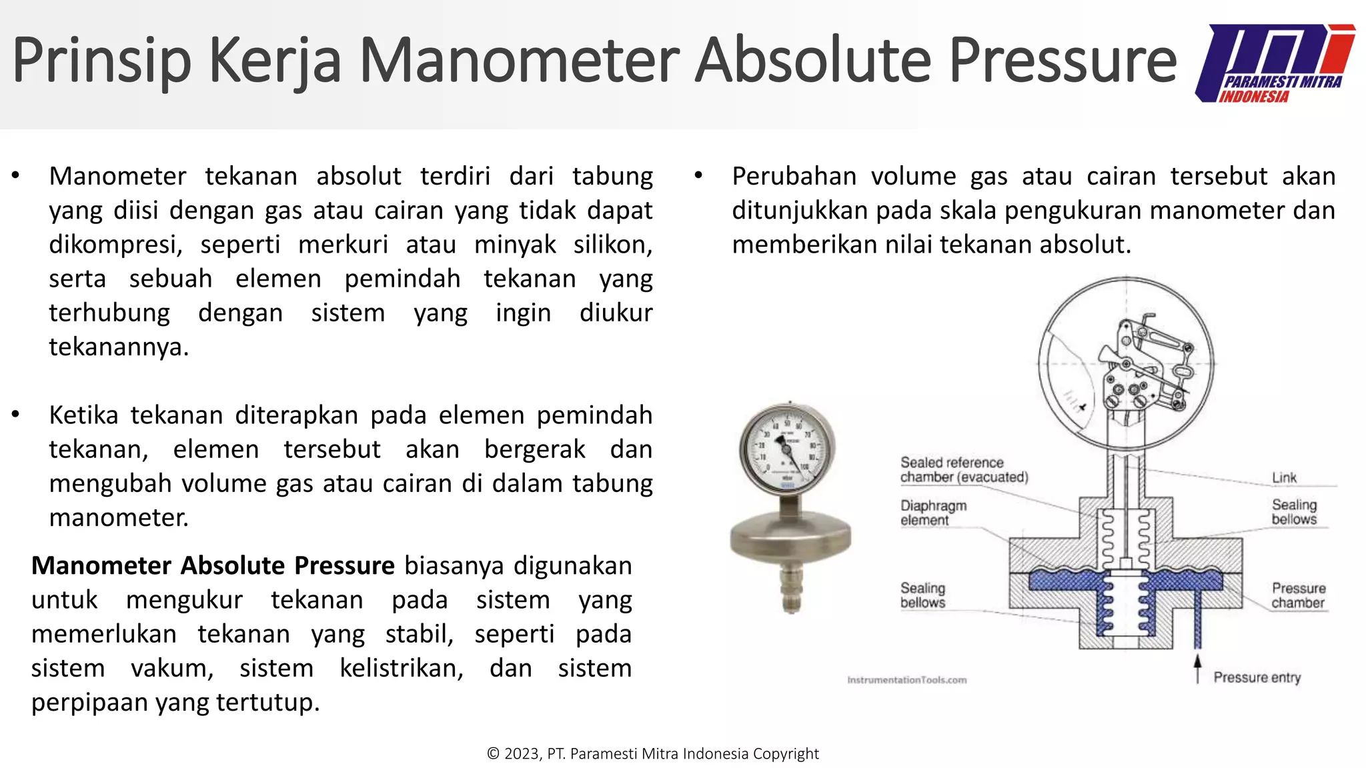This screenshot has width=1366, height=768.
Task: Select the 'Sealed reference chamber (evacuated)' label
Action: click(x=964, y=470)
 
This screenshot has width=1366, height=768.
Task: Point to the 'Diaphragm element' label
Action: click(x=933, y=513)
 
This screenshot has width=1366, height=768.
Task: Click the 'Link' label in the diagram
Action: click(x=1283, y=477)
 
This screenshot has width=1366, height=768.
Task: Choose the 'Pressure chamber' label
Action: click(x=1298, y=595)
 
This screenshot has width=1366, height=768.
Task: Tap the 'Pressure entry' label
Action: click(x=1257, y=677)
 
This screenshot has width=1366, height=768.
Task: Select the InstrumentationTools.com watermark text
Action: click(x=906, y=680)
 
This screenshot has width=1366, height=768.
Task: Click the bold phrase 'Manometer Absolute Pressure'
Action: click(x=213, y=565)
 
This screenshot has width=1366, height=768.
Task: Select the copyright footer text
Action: click(x=652, y=753)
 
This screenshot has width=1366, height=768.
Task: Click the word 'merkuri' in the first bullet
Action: click(x=343, y=245)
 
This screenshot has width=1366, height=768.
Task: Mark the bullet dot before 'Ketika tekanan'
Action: click(x=15, y=415)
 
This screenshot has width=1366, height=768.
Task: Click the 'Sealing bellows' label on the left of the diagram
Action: click(x=922, y=595)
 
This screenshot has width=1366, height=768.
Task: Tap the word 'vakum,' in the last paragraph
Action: click(x=172, y=668)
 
